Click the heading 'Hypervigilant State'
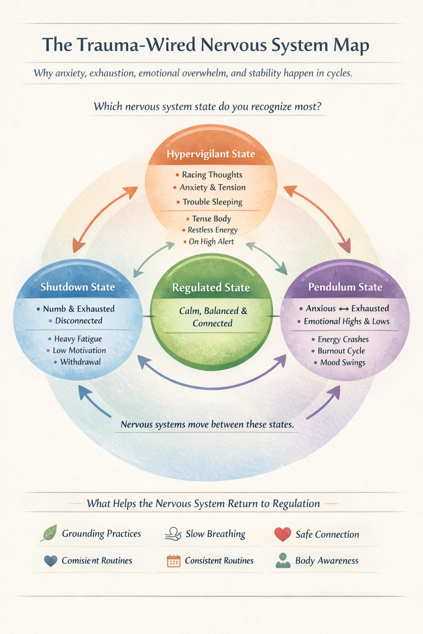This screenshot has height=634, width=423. point(211,154)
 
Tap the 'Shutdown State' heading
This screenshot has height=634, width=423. point(78,287)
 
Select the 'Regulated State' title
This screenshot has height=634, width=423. point(211,288)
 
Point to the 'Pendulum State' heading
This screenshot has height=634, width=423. point(345,287)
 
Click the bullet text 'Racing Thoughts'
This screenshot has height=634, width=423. point(212,175)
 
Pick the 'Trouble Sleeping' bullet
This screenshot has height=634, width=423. point(212,202)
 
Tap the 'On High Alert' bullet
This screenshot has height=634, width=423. point(211,241)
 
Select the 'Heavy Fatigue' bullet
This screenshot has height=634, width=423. point(78,339)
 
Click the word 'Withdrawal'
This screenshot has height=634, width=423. point(81,362)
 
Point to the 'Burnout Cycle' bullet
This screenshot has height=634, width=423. point(341,351)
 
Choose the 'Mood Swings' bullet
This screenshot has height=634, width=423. point(342,362)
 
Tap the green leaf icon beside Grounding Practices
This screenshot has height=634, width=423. point(48,533)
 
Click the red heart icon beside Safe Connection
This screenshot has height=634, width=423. point(283,534)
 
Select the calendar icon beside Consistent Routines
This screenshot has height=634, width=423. point(173,561)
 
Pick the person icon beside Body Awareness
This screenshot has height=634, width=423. point(283,561)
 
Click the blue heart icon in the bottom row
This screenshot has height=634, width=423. point(50,561)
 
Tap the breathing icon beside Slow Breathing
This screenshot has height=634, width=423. point(173,534)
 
